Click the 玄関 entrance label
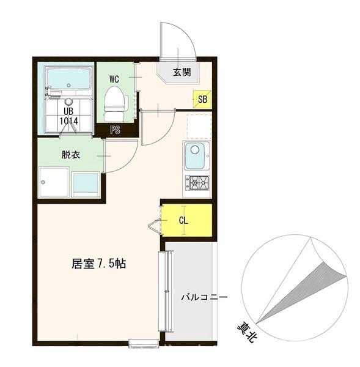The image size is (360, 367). click(182, 72)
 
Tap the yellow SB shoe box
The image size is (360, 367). click(202, 98)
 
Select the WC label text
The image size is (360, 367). click(114, 79)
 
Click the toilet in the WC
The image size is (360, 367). click(113, 103)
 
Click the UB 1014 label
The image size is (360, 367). click(68, 116)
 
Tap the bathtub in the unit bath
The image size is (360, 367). click(68, 79)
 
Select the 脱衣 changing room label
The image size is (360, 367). click(70, 155)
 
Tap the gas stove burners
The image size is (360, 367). click(196, 182)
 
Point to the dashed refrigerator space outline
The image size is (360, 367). click(199, 126)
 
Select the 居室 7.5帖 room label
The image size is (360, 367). click(99, 265)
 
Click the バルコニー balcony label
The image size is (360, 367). click(204, 298)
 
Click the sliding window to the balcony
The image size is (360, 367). click(163, 290)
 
